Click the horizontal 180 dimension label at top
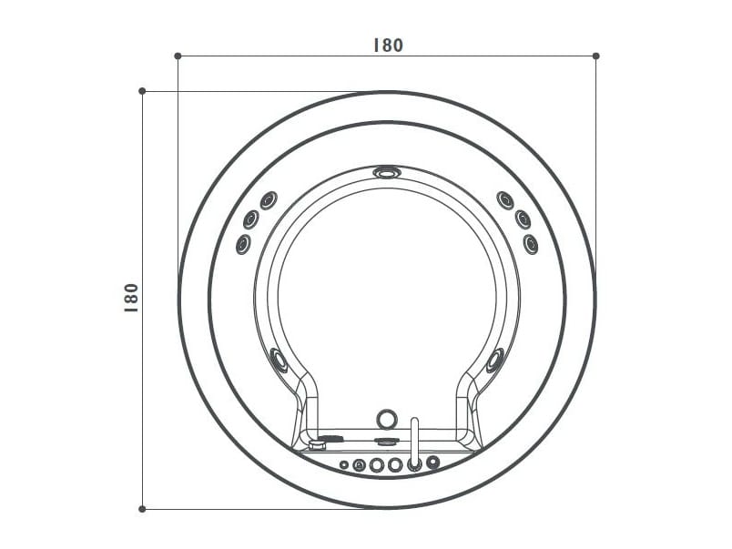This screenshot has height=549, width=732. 387,45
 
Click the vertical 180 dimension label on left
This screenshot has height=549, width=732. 131,298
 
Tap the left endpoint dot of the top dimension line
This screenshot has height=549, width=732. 178,56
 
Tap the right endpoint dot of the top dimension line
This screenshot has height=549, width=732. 595,56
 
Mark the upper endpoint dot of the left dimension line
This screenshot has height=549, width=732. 142,91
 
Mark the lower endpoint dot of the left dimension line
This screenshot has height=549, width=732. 142,509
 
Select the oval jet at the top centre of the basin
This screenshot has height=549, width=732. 386,171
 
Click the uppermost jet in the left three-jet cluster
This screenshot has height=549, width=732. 268,200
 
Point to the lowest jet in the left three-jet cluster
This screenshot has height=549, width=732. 243,243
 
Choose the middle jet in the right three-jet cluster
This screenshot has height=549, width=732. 523,219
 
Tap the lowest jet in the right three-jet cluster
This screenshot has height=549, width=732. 530,243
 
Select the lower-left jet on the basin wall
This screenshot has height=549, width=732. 279,360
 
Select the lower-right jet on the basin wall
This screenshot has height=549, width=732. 494,360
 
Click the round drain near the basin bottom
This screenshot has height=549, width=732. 387,419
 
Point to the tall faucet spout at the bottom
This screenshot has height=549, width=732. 414,442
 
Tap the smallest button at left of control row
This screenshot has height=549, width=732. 344,464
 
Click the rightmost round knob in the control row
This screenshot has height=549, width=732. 432,463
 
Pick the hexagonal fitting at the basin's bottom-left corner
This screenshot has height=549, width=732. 317,445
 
